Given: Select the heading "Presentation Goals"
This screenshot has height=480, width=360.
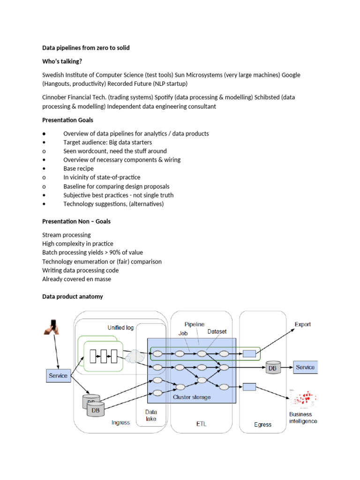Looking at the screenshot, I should (x=67, y=120).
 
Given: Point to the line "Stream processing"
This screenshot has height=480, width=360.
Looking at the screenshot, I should (x=67, y=235).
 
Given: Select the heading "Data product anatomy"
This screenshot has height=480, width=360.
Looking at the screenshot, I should (x=73, y=297).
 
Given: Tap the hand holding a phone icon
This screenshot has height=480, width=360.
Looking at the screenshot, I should (x=52, y=326).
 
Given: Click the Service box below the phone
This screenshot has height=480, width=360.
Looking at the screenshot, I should (x=58, y=375).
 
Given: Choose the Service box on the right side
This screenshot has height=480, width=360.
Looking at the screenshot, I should (x=305, y=367).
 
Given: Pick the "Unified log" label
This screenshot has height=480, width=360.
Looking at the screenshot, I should (x=120, y=327).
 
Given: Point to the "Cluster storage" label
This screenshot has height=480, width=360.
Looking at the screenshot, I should (x=192, y=397).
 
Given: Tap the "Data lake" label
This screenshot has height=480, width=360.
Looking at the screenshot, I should (x=150, y=415).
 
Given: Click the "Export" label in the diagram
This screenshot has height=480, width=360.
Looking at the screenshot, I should (x=302, y=324).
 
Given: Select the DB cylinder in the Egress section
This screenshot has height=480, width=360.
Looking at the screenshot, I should (x=272, y=368).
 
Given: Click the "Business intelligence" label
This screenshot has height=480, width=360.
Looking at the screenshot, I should (x=303, y=418).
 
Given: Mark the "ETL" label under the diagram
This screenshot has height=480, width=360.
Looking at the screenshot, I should (x=201, y=424).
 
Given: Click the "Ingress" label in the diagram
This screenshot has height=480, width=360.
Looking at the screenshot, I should (x=120, y=423).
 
